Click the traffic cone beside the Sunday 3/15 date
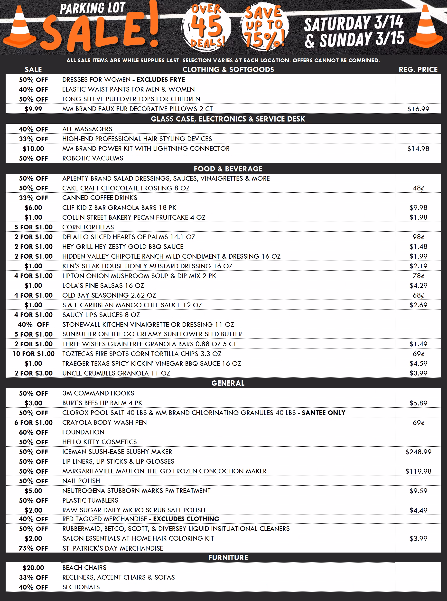[x=425, y=27]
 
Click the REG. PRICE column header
[x=418, y=70]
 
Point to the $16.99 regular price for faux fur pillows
[x=418, y=109]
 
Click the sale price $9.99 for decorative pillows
[x=33, y=109]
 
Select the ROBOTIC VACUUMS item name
[x=93, y=158]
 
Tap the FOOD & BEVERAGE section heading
[x=228, y=169]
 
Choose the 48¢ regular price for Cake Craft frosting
[x=418, y=188]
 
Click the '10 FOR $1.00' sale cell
[x=33, y=354]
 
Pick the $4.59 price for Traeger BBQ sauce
[x=418, y=364]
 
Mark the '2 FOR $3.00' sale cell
[x=33, y=373]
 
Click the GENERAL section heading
[x=228, y=383]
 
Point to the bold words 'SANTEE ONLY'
[x=323, y=413]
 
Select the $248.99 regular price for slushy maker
[x=418, y=452]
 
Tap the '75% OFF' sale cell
[x=33, y=548]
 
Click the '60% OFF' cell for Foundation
[x=33, y=432]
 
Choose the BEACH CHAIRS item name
[x=84, y=568]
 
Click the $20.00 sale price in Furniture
[x=33, y=568]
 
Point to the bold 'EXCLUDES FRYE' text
[x=161, y=80]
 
